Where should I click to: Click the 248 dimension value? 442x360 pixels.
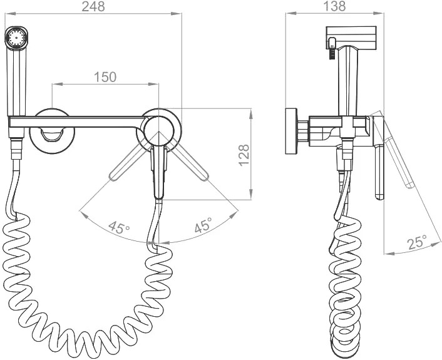click(93, 6)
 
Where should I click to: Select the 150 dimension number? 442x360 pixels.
click(105, 77)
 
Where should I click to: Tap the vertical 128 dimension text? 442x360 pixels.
click(244, 155)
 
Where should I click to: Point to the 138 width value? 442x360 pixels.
click(334, 6)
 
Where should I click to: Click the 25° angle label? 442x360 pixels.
click(417, 242)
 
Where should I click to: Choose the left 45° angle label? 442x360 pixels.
click(119, 227)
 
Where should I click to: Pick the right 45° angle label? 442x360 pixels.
click(203, 225)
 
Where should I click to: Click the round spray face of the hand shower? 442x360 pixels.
click(16, 38)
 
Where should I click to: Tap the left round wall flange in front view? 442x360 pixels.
click(52, 131)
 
